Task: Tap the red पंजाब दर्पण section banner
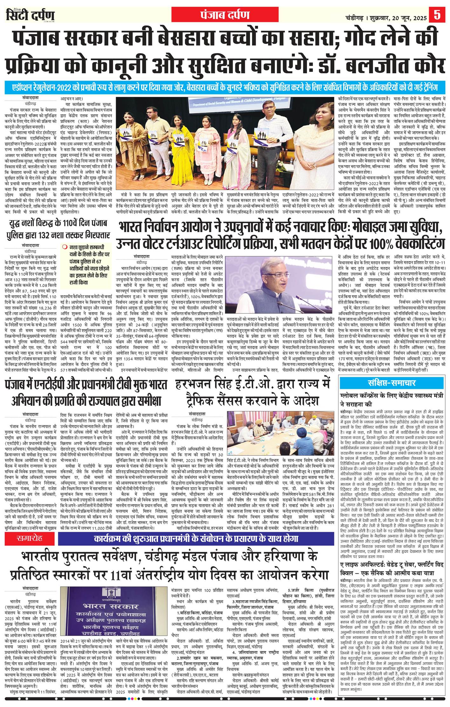225,15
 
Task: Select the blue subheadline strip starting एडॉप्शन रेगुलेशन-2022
225,87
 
